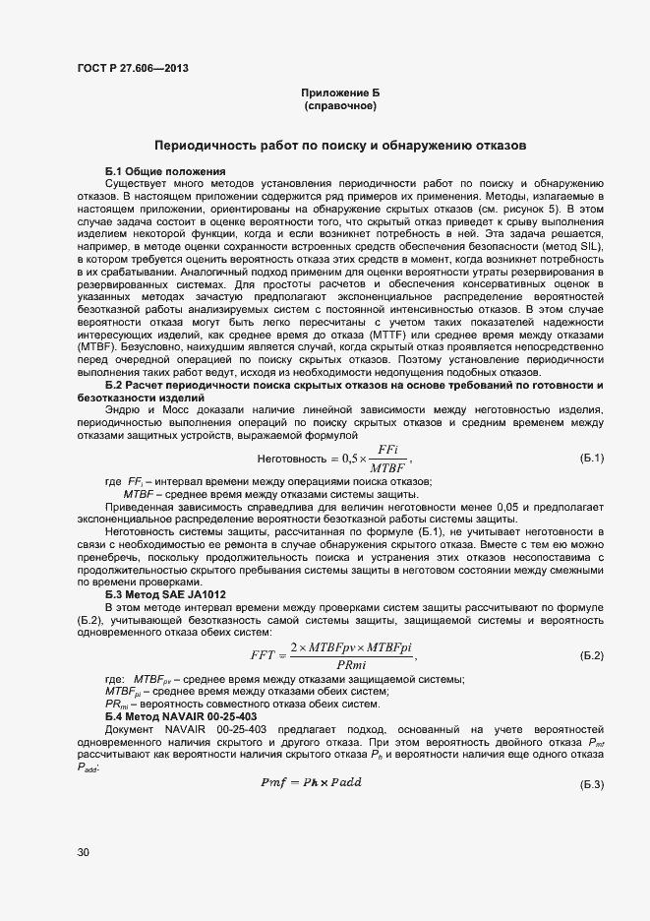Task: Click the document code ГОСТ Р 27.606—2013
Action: click(132, 69)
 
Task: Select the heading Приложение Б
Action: click(340, 92)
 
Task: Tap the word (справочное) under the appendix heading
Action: click(340, 105)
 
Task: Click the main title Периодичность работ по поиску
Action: click(340, 145)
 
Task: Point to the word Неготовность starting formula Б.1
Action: click(290, 459)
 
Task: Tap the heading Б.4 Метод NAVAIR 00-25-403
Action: click(181, 715)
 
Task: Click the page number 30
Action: click(83, 852)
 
